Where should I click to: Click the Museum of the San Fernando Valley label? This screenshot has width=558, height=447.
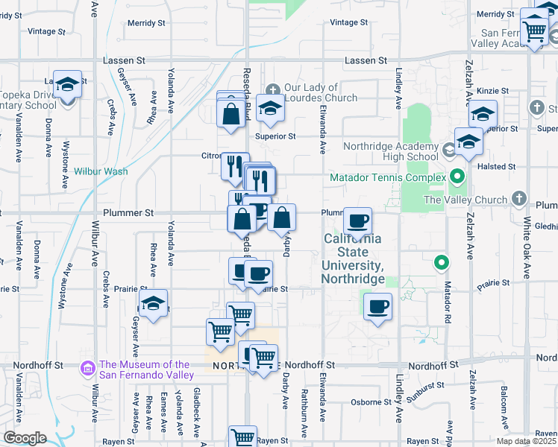145,370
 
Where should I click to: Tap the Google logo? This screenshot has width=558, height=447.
25,438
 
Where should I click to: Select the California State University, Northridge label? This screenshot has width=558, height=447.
353,259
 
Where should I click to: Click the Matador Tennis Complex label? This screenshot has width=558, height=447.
387,178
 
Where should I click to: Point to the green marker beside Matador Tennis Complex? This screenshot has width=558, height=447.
457,177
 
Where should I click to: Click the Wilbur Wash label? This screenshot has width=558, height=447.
101,171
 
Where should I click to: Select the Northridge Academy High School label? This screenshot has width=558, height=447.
392,152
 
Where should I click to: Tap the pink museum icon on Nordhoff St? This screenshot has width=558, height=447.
88,367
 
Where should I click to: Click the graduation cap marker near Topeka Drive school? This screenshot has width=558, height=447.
67,86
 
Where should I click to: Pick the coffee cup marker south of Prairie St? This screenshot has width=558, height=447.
378,305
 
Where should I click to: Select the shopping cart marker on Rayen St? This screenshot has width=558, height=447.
242,437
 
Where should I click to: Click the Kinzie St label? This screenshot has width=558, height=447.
493,91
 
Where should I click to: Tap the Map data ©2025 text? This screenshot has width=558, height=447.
527,441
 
